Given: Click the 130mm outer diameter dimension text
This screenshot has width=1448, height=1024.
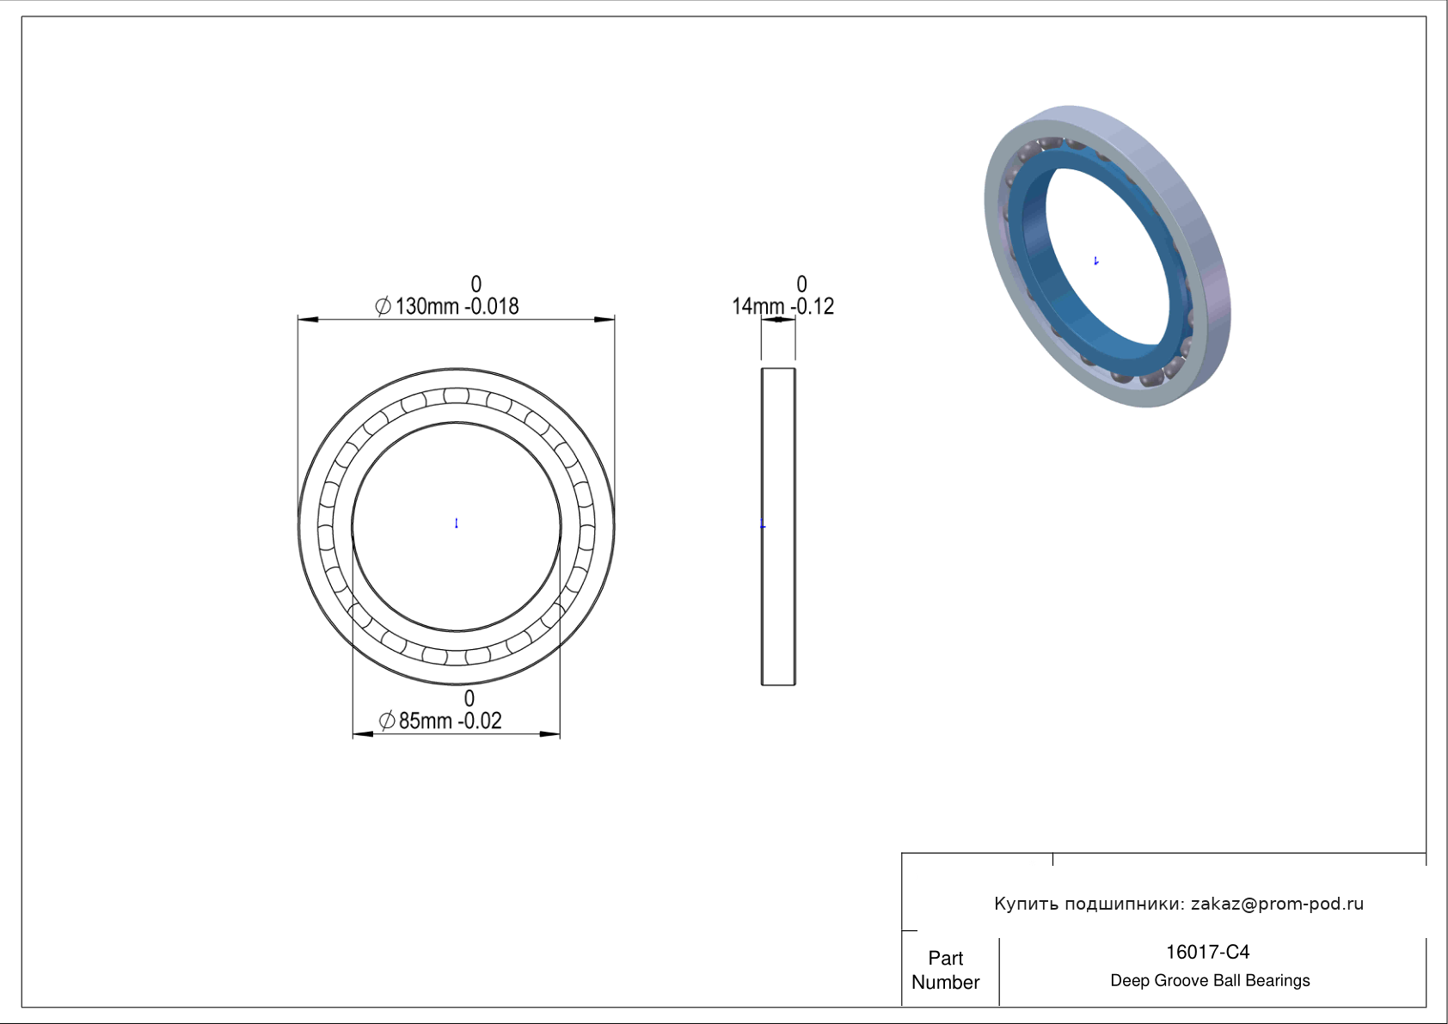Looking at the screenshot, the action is click(x=427, y=306).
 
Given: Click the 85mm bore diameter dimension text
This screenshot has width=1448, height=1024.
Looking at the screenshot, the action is click(x=426, y=720).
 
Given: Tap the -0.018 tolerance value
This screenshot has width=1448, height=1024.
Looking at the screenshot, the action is click(x=491, y=306).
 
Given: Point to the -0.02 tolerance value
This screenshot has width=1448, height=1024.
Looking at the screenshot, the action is click(x=479, y=720).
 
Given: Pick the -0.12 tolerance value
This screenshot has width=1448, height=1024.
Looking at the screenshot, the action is click(x=812, y=306).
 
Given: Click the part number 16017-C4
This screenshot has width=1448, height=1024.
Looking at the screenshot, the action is click(x=1207, y=953).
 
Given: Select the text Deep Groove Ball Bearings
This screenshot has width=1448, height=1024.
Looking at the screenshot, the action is click(x=1210, y=981).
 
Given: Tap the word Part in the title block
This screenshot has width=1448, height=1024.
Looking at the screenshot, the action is click(x=946, y=958).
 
